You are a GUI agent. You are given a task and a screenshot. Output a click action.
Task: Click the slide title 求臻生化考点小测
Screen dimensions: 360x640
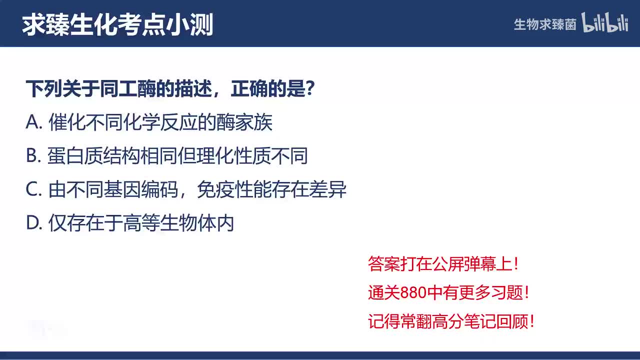coord(117,24)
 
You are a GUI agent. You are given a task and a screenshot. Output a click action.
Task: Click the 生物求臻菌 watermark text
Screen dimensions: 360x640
coord(545,24)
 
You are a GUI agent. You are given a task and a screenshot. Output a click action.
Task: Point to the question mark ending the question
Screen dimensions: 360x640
coord(309,89)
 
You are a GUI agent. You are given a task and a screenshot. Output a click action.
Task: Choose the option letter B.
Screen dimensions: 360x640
coord(32,156)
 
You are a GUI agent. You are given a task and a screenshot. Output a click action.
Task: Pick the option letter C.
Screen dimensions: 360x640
coord(32,190)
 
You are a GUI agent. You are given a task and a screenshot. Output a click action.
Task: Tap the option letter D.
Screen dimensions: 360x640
coord(33,223)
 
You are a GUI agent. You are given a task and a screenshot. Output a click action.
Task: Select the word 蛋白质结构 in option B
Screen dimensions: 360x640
coord(89,156)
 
